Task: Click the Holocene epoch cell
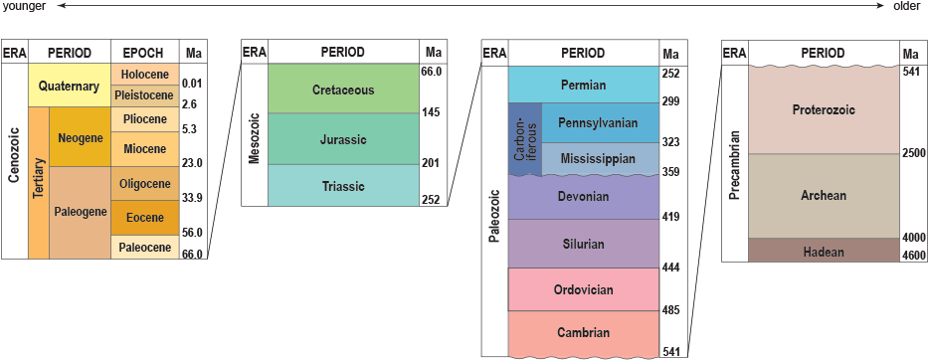tap(145, 75)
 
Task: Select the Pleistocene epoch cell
tap(145, 95)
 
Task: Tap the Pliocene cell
tap(145, 119)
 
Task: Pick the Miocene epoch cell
tap(145, 149)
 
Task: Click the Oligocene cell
tap(145, 183)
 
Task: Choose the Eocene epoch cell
tap(145, 217)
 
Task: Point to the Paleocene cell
tap(145, 247)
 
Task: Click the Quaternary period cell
tap(70, 87)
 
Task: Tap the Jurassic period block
tap(343, 139)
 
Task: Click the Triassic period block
tap(343, 186)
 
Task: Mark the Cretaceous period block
tap(343, 90)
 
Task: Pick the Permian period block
tap(583, 85)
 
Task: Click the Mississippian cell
tap(599, 158)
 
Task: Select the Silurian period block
tap(583, 244)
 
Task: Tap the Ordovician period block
tap(583, 289)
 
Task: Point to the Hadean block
tap(823, 252)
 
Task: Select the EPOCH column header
tap(145, 52)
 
